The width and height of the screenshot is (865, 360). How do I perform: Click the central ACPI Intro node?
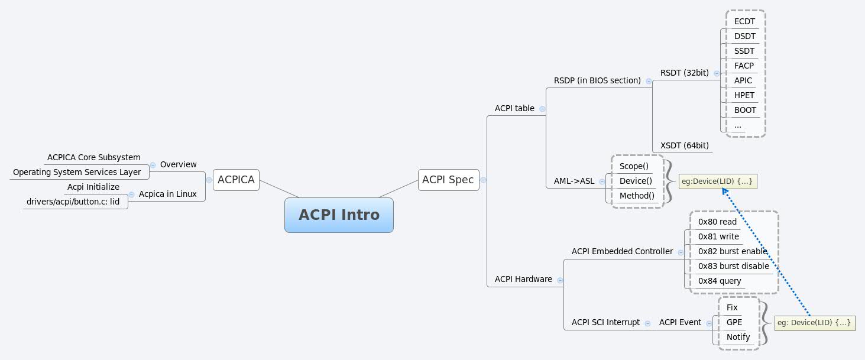click(x=339, y=215)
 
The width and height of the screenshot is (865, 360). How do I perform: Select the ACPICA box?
click(x=236, y=180)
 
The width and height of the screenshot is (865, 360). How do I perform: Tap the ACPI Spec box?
click(x=448, y=180)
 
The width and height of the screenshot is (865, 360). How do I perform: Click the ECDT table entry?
click(x=744, y=21)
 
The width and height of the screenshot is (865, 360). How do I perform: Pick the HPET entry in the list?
click(x=744, y=95)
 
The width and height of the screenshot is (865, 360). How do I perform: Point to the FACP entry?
click(x=744, y=66)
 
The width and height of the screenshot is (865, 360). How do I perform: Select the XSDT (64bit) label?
click(x=684, y=145)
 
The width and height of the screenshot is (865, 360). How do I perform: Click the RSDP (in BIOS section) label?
click(x=597, y=80)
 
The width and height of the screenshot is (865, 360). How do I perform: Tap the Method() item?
click(x=637, y=196)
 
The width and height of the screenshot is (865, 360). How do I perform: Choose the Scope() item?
click(x=634, y=166)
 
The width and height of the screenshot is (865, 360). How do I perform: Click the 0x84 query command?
click(x=720, y=281)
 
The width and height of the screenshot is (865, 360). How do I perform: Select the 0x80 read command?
click(x=717, y=222)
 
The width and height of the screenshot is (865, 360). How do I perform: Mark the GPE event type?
click(x=734, y=322)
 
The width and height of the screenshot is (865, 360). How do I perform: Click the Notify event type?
click(x=738, y=337)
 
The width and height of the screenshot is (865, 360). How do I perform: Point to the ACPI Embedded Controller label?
click(x=622, y=251)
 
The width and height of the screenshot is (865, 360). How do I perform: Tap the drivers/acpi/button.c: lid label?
click(x=73, y=202)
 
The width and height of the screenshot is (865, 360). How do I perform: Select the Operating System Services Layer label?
click(x=77, y=172)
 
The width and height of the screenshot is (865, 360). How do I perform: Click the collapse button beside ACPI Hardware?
click(x=559, y=280)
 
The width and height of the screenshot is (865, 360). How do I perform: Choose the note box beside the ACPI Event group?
click(x=814, y=323)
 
